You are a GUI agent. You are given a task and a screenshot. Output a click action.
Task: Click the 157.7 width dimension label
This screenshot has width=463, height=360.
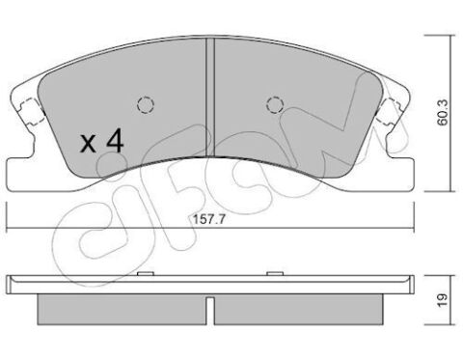point(209,220)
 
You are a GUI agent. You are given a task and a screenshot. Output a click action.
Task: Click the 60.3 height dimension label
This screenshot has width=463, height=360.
point(443,112)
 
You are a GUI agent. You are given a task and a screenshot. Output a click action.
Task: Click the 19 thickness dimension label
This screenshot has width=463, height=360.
point(443,300)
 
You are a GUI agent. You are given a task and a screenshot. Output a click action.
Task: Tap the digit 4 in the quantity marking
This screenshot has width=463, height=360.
point(115,140)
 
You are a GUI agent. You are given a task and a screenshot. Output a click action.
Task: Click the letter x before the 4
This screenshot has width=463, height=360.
point(89,144)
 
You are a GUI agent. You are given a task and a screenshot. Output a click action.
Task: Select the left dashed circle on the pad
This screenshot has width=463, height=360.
point(146,104)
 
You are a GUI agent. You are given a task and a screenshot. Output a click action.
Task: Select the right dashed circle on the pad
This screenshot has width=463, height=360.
point(275,104)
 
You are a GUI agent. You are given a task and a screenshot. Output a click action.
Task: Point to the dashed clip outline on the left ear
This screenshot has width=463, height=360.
point(32,111)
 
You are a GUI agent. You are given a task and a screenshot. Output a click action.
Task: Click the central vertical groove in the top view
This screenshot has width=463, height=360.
point(210,97)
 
